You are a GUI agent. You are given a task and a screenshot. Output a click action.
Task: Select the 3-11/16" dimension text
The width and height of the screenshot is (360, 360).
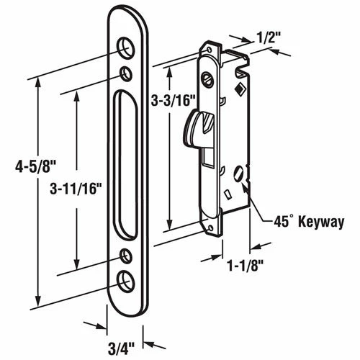pyautogui.click(x=73, y=189)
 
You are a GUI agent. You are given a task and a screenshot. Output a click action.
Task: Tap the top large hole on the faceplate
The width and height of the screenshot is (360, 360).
pyautogui.click(x=127, y=47)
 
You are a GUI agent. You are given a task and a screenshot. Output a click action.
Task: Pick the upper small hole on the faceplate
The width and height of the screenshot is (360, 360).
pyautogui.click(x=127, y=73)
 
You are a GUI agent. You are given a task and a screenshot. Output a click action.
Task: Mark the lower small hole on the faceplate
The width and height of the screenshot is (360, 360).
pyautogui.click(x=127, y=253)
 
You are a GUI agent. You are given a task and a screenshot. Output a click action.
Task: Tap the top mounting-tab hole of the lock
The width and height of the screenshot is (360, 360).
pyautogui.click(x=209, y=50)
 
